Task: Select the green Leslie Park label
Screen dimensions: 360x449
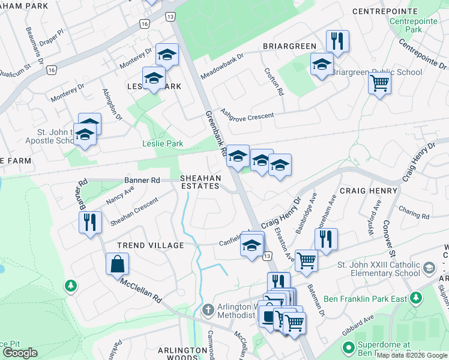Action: click(162, 143)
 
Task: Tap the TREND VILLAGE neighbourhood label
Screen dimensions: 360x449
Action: click(150, 245)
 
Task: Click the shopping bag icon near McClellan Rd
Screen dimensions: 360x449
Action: click(117, 264)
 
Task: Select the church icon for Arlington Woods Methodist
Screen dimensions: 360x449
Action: click(208, 310)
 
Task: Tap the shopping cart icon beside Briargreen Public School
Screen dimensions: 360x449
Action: click(379, 83)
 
